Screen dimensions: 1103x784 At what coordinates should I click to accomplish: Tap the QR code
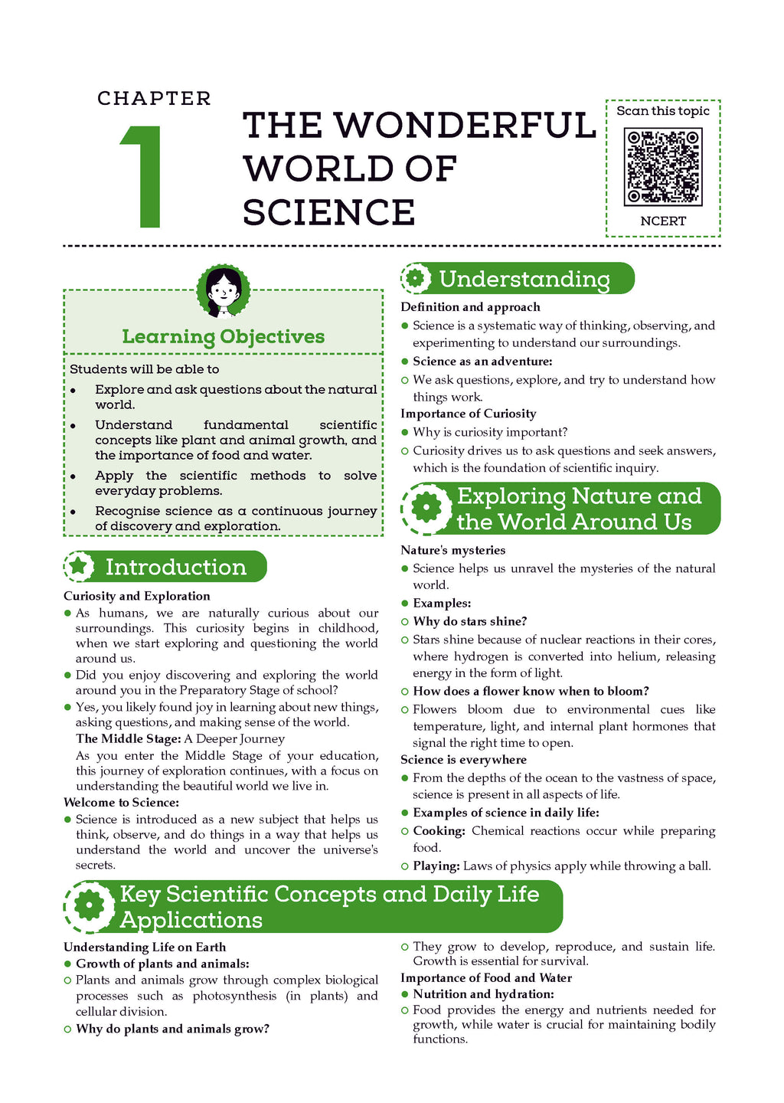pyautogui.click(x=663, y=167)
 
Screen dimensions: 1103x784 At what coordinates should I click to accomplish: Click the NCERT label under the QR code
pyautogui.click(x=663, y=221)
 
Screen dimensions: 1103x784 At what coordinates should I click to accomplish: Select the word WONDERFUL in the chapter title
pyautogui.click(x=465, y=126)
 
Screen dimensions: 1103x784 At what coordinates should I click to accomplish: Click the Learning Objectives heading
pyautogui.click(x=223, y=336)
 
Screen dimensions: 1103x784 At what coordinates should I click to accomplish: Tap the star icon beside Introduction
pyautogui.click(x=79, y=566)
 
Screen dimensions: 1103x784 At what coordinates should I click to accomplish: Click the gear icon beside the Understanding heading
pyautogui.click(x=416, y=278)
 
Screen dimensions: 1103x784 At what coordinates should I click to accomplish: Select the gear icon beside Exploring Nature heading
pyautogui.click(x=426, y=508)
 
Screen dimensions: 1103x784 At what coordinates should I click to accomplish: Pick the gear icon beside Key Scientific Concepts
pyautogui.click(x=90, y=906)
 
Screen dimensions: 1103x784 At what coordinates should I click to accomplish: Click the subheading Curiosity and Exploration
pyautogui.click(x=136, y=596)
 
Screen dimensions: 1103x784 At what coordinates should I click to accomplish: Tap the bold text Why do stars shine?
pyautogui.click(x=469, y=621)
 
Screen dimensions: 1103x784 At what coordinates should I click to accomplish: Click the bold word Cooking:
pyautogui.click(x=439, y=831)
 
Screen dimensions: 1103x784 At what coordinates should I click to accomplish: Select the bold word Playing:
pyautogui.click(x=436, y=866)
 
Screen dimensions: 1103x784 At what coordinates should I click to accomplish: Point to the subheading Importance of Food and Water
pyautogui.click(x=485, y=977)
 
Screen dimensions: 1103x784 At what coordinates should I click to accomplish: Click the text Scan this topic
pyautogui.click(x=663, y=111)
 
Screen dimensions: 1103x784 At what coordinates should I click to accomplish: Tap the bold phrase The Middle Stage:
pyautogui.click(x=128, y=738)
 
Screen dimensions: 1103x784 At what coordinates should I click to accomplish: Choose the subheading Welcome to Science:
pyautogui.click(x=121, y=802)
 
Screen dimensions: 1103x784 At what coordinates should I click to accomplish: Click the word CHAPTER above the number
pyautogui.click(x=154, y=99)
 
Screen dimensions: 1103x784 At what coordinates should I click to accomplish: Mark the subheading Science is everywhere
pyautogui.click(x=463, y=759)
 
